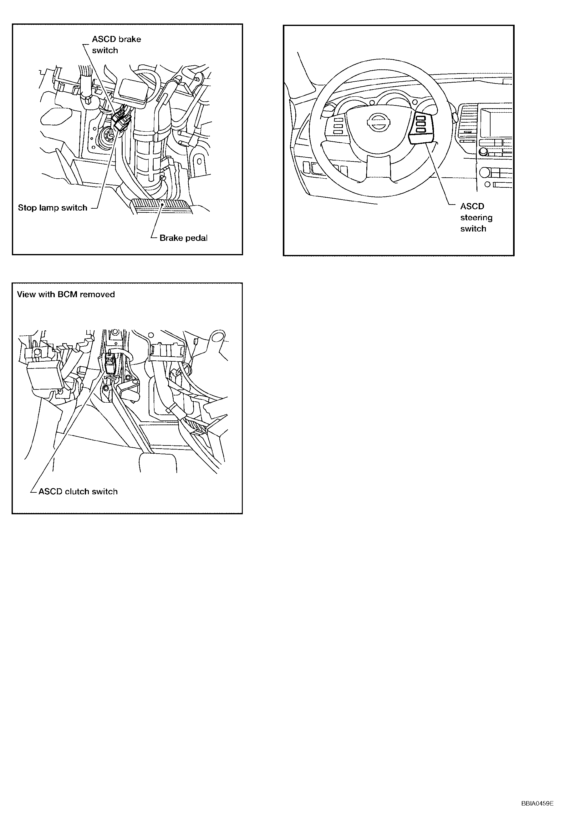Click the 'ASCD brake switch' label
pos(116,45)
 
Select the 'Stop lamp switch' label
pos(53,208)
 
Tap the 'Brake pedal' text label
pos(183,238)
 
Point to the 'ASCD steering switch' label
pos(476,218)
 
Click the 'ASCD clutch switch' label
pos(78,491)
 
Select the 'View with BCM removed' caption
pos(66,294)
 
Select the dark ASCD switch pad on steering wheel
pos(422,127)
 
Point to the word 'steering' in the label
pos(476,218)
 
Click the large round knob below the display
pos(484,173)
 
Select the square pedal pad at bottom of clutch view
pos(158,462)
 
